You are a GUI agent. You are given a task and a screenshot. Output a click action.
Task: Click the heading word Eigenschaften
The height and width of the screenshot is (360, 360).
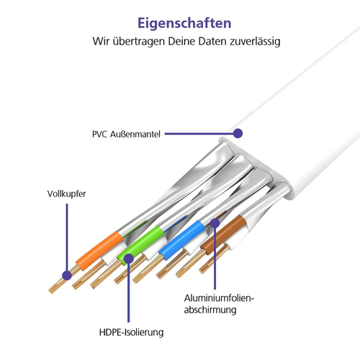click(x=184, y=24)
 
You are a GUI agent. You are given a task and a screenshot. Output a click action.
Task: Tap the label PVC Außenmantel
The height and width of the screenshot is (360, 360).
click(x=126, y=134)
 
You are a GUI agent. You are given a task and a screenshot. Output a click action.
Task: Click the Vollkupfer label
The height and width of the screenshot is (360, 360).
click(x=66, y=194)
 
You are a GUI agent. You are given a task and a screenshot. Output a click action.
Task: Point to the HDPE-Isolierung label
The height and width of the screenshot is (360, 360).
click(x=131, y=333)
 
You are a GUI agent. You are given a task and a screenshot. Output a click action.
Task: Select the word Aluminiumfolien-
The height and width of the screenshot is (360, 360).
click(x=219, y=298)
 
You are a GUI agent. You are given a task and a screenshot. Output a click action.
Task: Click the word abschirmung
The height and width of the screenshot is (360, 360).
click(x=210, y=310)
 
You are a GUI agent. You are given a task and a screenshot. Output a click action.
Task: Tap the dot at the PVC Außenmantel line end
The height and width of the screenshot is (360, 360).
click(x=238, y=133)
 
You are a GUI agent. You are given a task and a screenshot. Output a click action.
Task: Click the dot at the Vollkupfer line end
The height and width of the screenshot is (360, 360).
click(x=67, y=275)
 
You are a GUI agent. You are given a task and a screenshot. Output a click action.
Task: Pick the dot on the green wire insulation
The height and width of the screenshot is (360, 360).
click(x=129, y=258)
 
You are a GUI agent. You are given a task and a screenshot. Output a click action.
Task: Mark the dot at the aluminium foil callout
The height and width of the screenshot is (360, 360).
click(x=215, y=223)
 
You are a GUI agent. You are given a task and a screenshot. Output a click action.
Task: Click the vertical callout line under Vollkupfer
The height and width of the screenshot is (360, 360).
click(x=67, y=237)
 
